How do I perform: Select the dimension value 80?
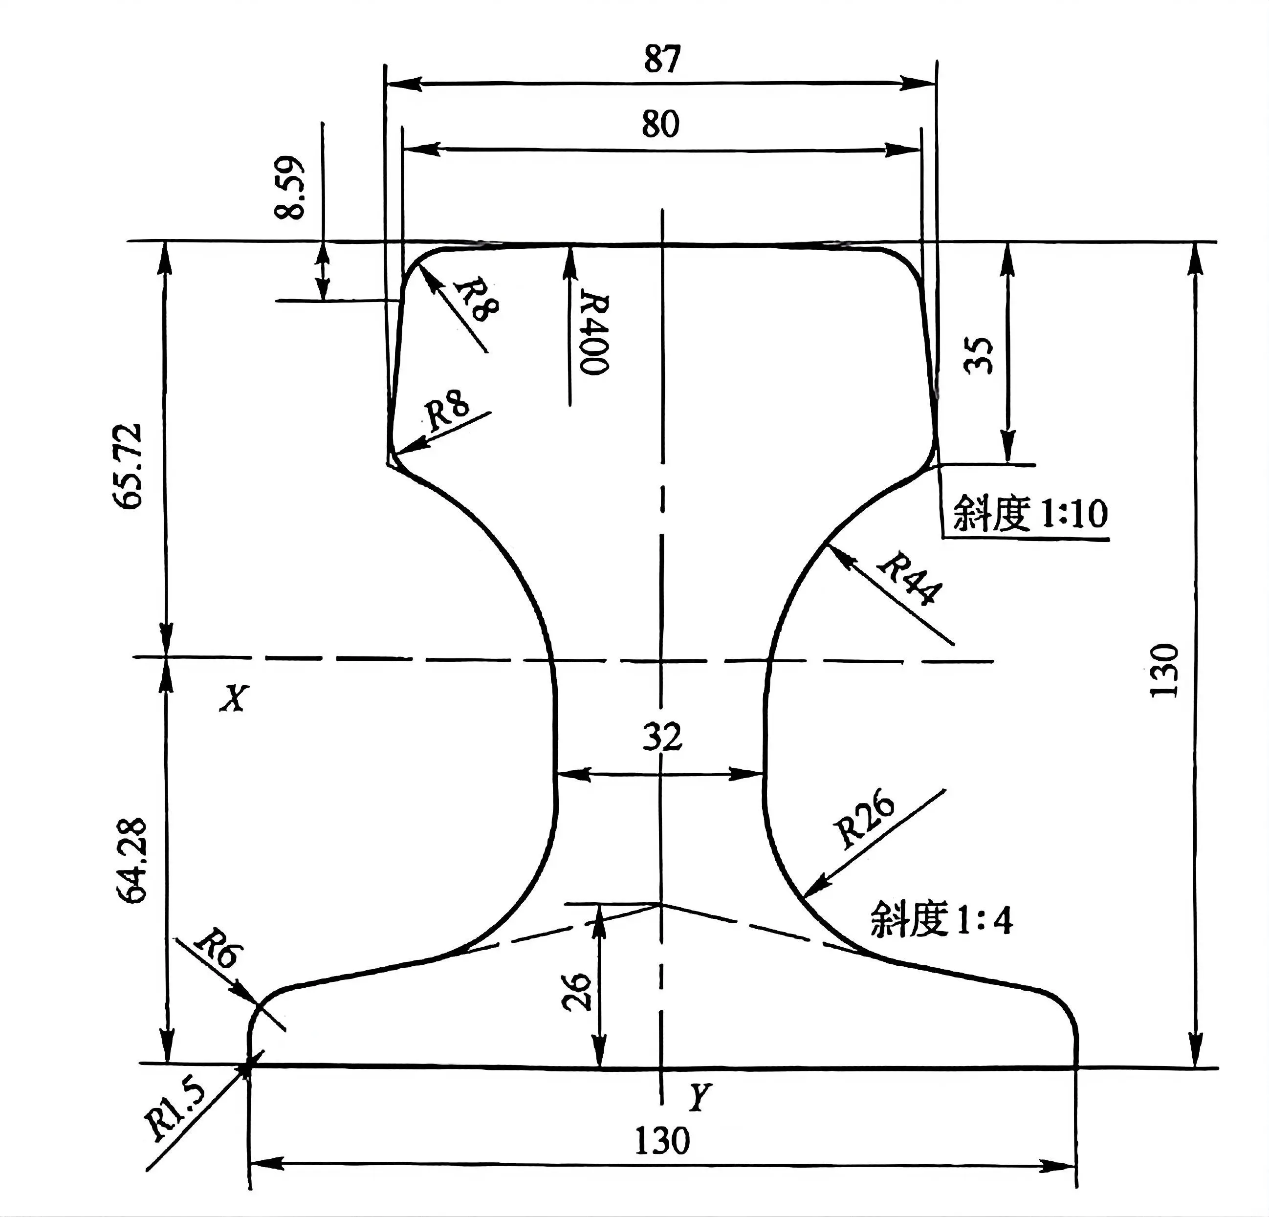tap(660, 124)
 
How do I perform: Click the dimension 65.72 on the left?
tap(127, 466)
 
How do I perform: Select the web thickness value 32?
tap(662, 736)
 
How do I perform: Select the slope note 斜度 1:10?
tap(1030, 514)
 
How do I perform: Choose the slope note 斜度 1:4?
tap(941, 919)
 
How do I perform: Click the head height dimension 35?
tap(978, 355)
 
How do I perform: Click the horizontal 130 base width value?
tap(662, 1141)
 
